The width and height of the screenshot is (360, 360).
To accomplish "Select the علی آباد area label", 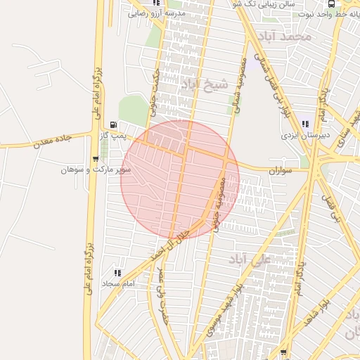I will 250,260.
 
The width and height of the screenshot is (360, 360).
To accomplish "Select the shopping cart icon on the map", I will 96,159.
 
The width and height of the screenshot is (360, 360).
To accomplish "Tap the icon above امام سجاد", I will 117,273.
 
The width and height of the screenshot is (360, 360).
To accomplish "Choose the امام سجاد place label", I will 117,283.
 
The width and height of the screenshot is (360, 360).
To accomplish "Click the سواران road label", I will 280,171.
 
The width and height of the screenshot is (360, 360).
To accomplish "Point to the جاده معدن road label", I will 53,141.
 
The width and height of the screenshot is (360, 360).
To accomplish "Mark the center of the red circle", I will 180,180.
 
